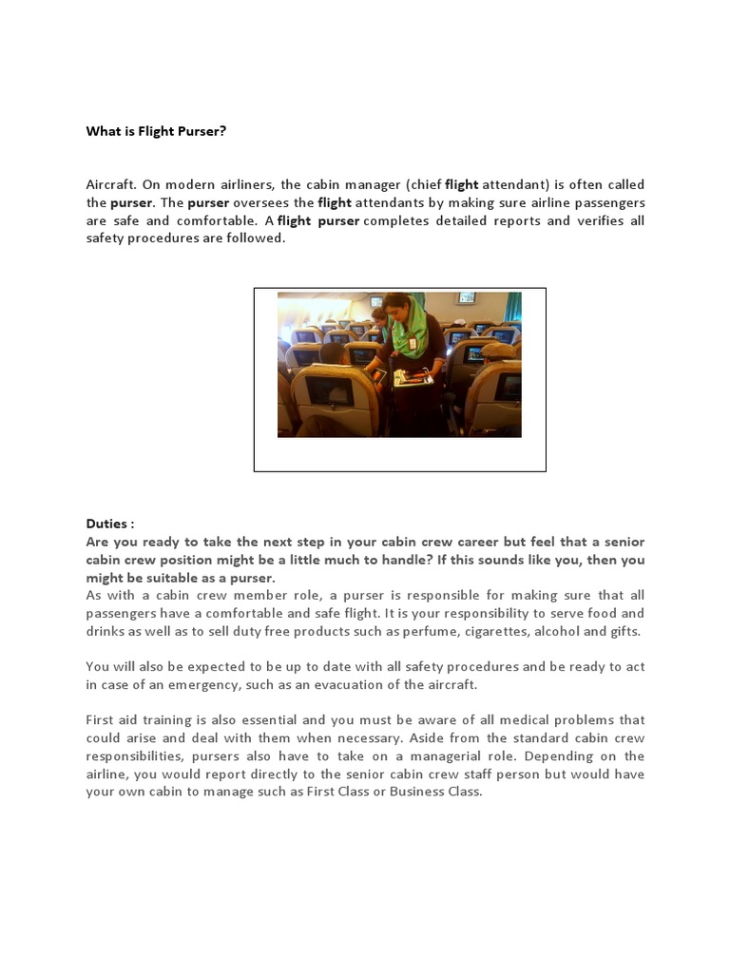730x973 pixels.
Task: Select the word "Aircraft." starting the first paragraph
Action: click(110, 184)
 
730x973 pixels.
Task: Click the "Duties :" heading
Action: click(110, 524)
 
